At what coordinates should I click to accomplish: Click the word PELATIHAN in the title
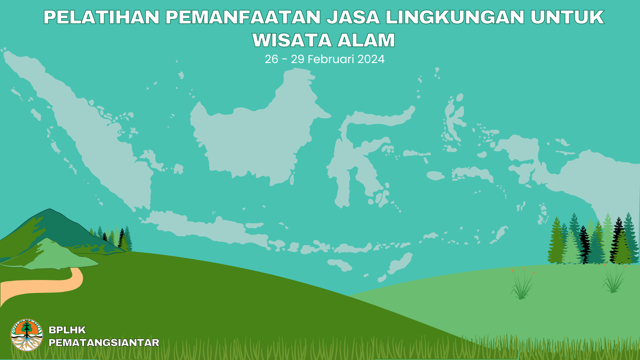click(102, 17)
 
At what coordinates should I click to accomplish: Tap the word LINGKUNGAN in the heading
click(455, 17)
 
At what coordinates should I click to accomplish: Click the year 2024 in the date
click(371, 59)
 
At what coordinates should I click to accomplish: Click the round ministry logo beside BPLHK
click(27, 335)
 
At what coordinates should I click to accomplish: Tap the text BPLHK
click(67, 330)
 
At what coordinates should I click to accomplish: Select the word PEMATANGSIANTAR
click(104, 342)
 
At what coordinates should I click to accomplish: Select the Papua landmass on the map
click(600, 178)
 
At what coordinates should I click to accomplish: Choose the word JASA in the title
click(353, 17)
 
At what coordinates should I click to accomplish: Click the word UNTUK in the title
click(567, 17)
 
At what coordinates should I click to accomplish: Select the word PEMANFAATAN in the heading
click(243, 17)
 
